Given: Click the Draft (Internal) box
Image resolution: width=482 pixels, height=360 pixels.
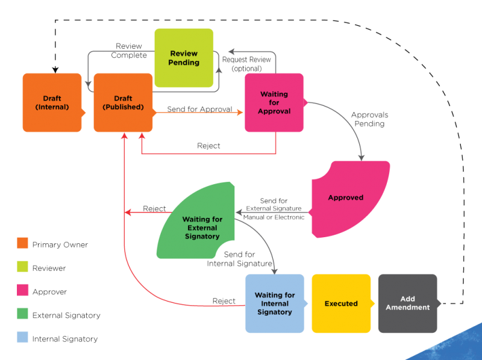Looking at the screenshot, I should [x=52, y=102].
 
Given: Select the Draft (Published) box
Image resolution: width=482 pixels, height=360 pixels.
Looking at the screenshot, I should [x=123, y=102].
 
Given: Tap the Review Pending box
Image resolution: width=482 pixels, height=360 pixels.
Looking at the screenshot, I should [x=184, y=58].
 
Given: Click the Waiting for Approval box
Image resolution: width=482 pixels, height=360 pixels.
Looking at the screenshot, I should [x=274, y=102].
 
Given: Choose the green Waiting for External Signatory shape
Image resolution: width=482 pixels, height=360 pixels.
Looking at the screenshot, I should [x=199, y=226].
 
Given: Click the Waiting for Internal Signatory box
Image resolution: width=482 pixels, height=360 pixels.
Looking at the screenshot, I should [x=275, y=303].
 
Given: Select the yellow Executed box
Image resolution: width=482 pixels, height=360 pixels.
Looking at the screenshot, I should [x=341, y=303].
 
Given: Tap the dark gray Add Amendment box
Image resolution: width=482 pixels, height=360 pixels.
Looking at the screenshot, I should [x=408, y=303].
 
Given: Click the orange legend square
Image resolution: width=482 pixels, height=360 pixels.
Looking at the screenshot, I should [x=22, y=243].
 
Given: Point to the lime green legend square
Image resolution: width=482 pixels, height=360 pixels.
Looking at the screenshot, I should [x=22, y=267].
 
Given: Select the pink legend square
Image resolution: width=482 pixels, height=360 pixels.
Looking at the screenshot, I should [x=22, y=290].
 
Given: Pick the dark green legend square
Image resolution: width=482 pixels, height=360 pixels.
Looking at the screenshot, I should [x=22, y=314].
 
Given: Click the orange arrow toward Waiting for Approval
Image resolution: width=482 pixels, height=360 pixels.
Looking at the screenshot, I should [x=199, y=113].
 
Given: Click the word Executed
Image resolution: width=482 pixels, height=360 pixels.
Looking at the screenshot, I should [x=341, y=303].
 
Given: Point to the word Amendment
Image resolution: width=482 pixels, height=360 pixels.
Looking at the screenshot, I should [x=408, y=308].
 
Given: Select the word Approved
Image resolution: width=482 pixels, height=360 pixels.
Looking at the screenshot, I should [x=345, y=197].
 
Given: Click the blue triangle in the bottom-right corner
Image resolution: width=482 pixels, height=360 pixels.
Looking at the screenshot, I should [x=458, y=346].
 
